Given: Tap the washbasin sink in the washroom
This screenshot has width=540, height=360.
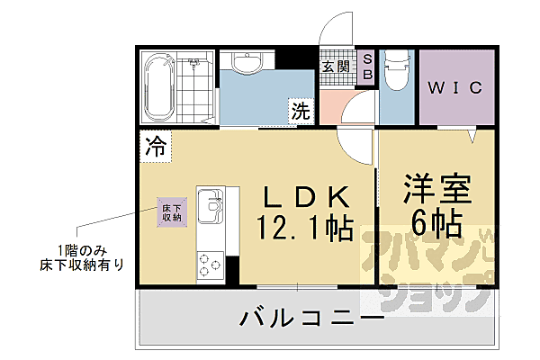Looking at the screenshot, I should click(x=245, y=64).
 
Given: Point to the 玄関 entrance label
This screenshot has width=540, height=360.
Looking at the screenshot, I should click(x=337, y=66).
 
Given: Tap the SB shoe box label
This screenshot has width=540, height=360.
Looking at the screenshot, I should click(x=368, y=67).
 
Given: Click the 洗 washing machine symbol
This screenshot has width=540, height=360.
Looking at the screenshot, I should click(x=300, y=112).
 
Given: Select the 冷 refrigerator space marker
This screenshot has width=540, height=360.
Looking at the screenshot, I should click(x=156, y=146).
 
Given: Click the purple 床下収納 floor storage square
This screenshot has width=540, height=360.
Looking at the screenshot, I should click(x=172, y=211).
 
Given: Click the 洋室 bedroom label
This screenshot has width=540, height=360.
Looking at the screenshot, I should click(x=437, y=190).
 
